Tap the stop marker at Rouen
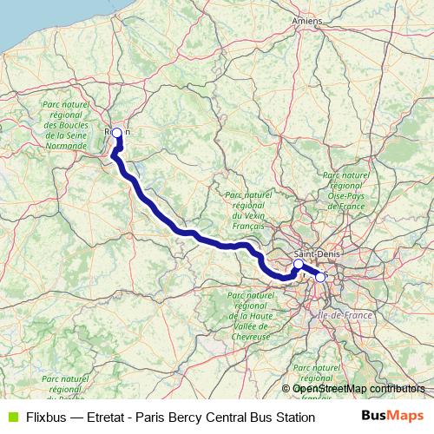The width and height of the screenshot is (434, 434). point(116,133)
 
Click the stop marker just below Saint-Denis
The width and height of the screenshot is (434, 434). point(298,264)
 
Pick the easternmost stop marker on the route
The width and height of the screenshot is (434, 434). point(320,278)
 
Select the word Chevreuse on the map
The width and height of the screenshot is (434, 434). point(253,335)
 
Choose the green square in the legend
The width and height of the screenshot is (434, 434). point(11,418)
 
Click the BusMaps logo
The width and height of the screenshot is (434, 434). point(392,417)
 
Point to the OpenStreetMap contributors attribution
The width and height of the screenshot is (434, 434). point(358,389)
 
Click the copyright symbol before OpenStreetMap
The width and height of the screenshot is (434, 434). point(287,389)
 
